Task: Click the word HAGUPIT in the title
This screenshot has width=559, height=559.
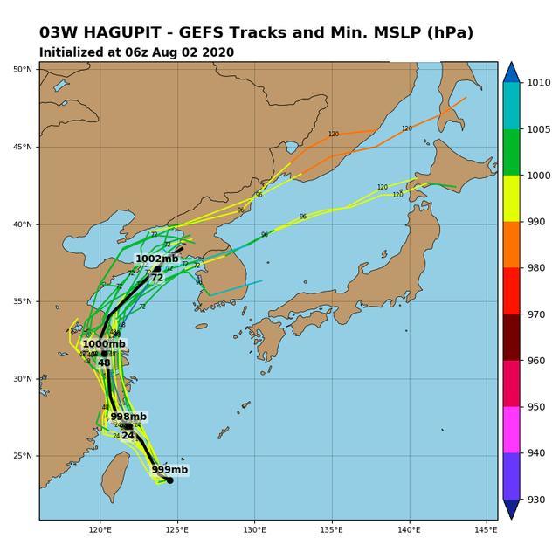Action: (116, 33)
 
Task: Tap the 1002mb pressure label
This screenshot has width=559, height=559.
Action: (156, 259)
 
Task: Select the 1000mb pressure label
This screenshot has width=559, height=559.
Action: (103, 344)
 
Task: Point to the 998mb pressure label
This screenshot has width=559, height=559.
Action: (128, 417)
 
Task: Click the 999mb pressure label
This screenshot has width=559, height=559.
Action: (169, 470)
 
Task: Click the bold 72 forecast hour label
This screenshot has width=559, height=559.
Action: (156, 278)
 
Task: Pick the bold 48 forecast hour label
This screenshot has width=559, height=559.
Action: (104, 362)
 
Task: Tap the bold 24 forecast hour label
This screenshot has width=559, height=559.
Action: (128, 435)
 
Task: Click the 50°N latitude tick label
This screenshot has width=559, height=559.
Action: (24, 69)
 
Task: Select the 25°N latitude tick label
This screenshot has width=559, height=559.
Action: (24, 456)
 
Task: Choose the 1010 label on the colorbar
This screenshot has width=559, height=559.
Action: (538, 83)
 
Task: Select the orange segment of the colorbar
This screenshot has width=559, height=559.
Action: (512, 245)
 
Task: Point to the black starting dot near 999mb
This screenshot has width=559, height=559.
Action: (169, 480)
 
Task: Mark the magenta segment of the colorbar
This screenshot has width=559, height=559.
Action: (512, 430)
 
